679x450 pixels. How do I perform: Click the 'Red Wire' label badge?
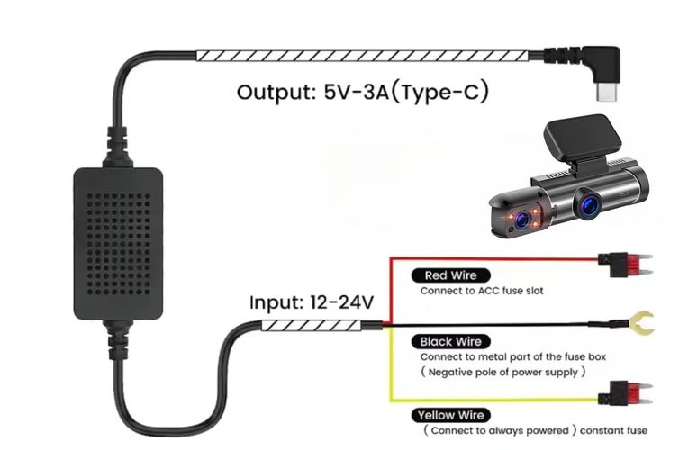(x=450, y=275)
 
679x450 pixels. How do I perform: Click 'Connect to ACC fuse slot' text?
(x=482, y=292)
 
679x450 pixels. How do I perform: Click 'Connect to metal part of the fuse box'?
(x=513, y=356)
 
